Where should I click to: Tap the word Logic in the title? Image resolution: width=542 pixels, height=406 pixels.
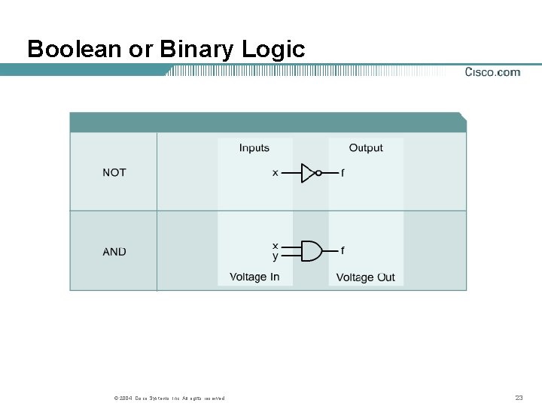tap(274, 50)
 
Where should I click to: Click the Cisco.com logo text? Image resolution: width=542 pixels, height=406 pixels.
tap(492, 72)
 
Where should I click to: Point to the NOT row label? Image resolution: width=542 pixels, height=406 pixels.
tap(114, 173)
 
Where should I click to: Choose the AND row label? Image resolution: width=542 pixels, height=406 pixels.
tap(114, 252)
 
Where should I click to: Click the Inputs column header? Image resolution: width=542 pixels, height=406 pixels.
tap(254, 148)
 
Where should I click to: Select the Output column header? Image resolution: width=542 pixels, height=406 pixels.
tap(366, 148)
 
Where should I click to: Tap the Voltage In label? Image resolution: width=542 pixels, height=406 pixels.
tap(254, 277)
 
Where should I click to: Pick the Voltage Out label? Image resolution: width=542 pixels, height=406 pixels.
tap(365, 277)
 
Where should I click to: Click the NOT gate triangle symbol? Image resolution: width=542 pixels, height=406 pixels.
tap(308, 173)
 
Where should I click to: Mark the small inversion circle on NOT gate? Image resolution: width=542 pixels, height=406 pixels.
tap(318, 173)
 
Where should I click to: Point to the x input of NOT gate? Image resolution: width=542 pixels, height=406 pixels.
tap(275, 173)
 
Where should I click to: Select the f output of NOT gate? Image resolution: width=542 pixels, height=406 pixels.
tap(343, 173)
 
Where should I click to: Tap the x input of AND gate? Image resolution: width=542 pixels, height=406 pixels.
tap(275, 246)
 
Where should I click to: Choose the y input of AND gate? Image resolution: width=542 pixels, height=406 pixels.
tap(275, 256)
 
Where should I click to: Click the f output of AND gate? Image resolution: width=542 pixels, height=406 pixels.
tap(343, 250)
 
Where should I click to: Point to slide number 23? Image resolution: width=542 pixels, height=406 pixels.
tap(518, 397)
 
